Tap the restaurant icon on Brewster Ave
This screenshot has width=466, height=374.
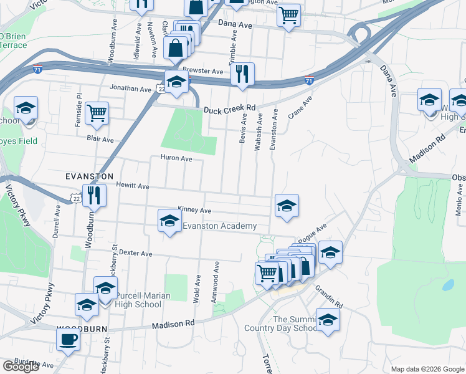point(242,74)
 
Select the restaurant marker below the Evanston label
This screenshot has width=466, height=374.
point(94,195)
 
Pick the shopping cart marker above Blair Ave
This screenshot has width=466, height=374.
point(97,113)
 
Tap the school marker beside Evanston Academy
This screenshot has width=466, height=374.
point(169,221)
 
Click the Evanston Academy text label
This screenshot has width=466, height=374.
point(219,226)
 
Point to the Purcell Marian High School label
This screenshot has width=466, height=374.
point(130,300)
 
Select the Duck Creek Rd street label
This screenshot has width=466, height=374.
point(230,109)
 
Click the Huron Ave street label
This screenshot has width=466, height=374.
point(176,158)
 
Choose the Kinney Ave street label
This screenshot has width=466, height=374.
point(194,210)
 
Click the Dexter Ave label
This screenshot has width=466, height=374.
point(136,254)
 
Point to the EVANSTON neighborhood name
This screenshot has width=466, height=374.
point(90,177)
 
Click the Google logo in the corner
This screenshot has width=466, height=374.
point(21,367)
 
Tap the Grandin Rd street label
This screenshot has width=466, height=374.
point(328,296)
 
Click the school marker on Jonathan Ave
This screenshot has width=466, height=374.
point(176,82)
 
